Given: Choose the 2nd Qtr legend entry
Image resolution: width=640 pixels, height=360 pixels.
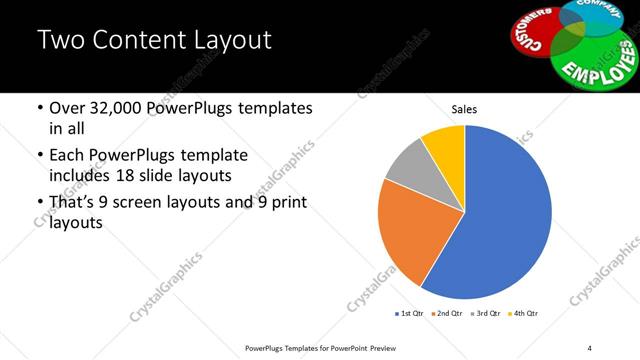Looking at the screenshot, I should point(448,313).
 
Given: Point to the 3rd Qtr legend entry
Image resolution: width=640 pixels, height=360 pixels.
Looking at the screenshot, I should point(485,313).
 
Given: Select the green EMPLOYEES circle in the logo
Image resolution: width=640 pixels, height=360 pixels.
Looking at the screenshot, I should point(595,62).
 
